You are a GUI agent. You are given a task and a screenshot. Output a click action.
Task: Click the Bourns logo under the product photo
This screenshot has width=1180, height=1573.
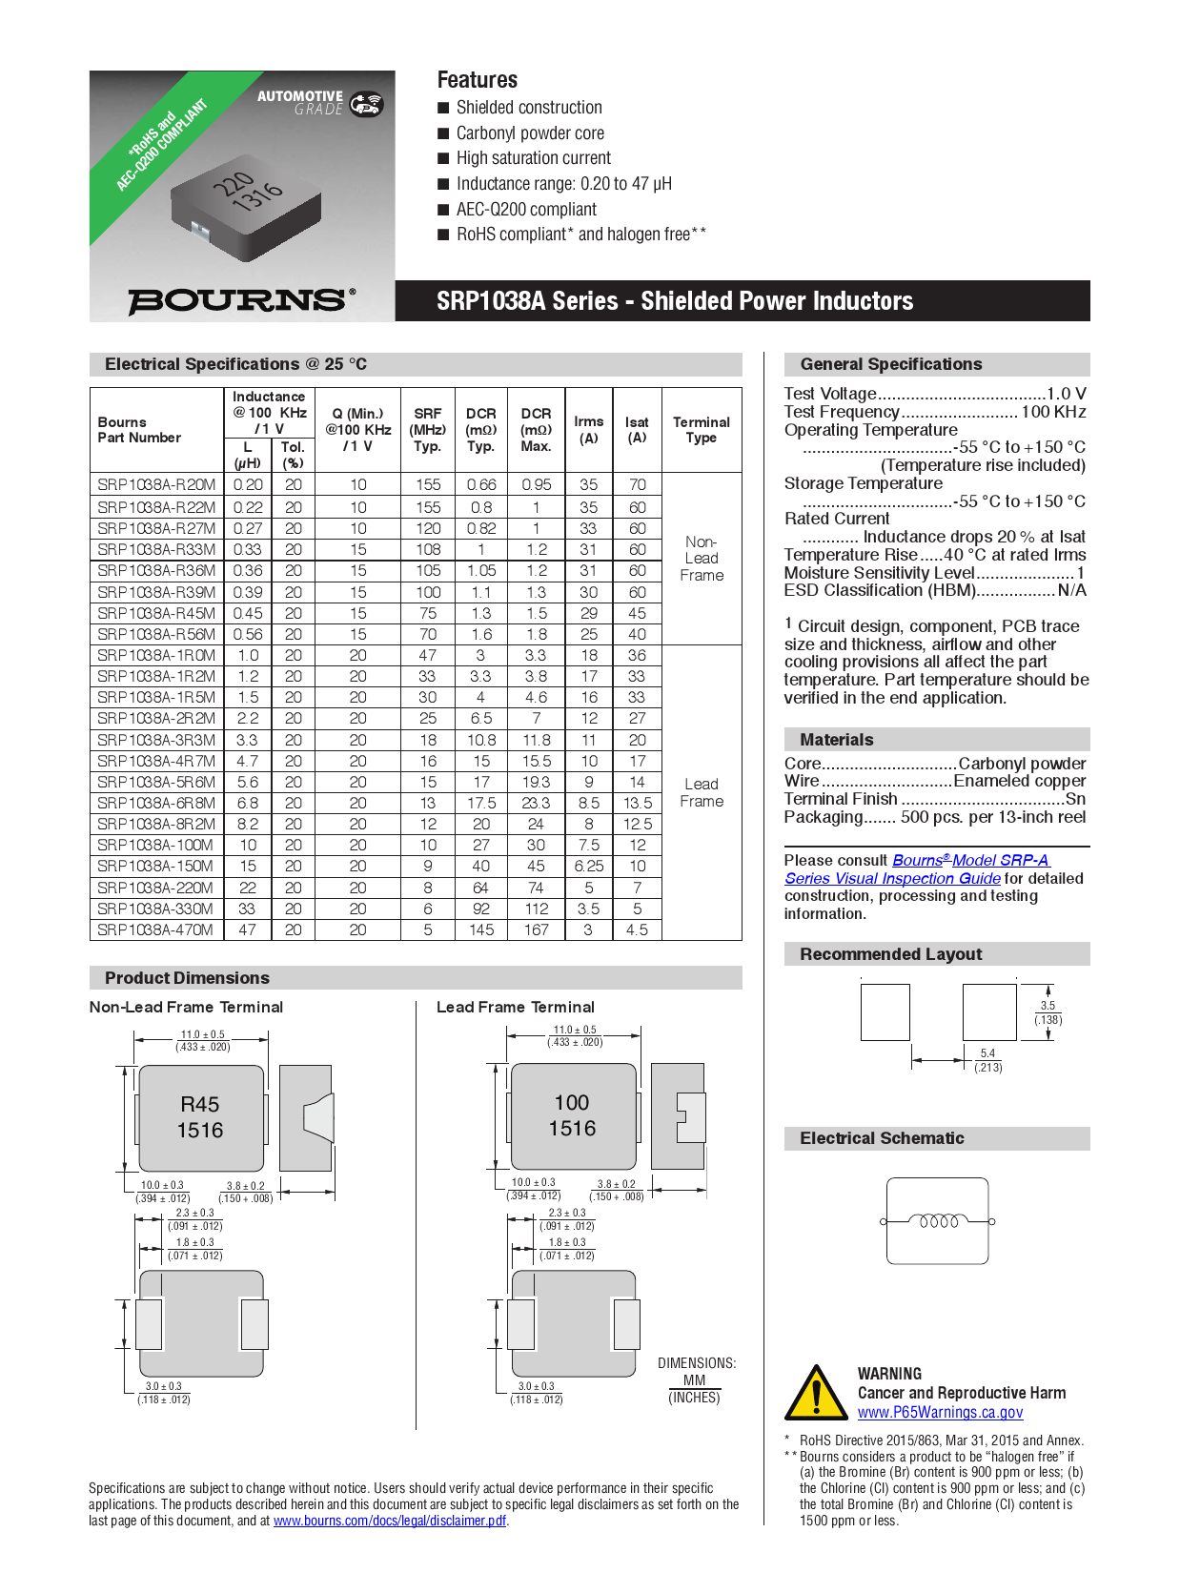pos(241,300)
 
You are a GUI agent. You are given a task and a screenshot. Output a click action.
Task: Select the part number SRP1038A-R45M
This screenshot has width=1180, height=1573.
pos(156,613)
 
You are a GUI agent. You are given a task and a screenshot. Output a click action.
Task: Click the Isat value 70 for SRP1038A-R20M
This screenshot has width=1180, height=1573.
pos(637,484)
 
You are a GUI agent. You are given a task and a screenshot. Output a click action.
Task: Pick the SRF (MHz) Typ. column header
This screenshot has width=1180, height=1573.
pos(428,429)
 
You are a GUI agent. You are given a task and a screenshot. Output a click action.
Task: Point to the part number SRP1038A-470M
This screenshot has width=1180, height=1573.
pos(156,929)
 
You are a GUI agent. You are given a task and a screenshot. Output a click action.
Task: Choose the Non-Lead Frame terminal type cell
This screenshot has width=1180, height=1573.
pos(702,559)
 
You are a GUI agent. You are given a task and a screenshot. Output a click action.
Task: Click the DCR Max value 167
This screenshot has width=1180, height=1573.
pos(536,929)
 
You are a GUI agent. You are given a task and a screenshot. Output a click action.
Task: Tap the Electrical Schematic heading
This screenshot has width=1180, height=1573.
pos(882,1138)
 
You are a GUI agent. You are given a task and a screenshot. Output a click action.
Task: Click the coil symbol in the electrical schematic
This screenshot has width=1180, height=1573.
pos(938,1221)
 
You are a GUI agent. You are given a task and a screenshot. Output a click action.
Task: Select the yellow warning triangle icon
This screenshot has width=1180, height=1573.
pos(815,1393)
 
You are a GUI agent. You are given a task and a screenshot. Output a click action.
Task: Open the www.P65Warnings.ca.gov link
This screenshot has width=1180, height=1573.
pos(940,1413)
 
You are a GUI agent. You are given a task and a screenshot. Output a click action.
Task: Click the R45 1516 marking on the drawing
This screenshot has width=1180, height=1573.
pos(200,1117)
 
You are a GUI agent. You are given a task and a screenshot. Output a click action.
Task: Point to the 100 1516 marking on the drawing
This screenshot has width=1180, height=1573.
pos(572,1115)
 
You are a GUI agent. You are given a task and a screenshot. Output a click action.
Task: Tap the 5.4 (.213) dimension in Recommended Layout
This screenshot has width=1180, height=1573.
pos(987,1060)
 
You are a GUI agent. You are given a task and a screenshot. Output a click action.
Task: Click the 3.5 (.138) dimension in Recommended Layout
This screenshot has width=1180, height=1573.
pos(1048,1012)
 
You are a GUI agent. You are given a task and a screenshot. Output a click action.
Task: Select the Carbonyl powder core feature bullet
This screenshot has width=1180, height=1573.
pos(530,133)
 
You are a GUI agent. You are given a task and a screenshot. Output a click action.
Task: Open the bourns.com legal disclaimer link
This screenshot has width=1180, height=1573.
pos(389,1521)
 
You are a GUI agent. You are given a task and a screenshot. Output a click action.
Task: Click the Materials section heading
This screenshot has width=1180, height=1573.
pos(837,740)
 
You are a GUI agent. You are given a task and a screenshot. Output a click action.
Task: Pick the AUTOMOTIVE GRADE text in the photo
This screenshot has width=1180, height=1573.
pos(300,102)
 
